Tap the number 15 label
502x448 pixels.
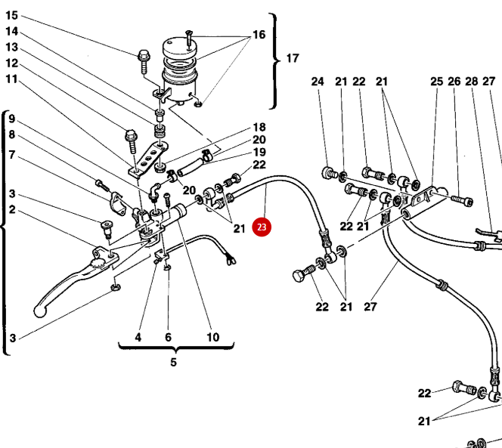point(11,15)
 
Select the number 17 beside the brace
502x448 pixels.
point(293,58)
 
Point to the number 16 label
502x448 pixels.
point(259,35)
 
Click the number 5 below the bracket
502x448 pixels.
point(173,363)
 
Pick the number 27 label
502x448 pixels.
point(370,306)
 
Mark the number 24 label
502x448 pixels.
point(318,82)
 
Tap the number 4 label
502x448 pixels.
point(138,337)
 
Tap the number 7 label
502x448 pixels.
point(12,155)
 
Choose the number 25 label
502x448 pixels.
point(436,82)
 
